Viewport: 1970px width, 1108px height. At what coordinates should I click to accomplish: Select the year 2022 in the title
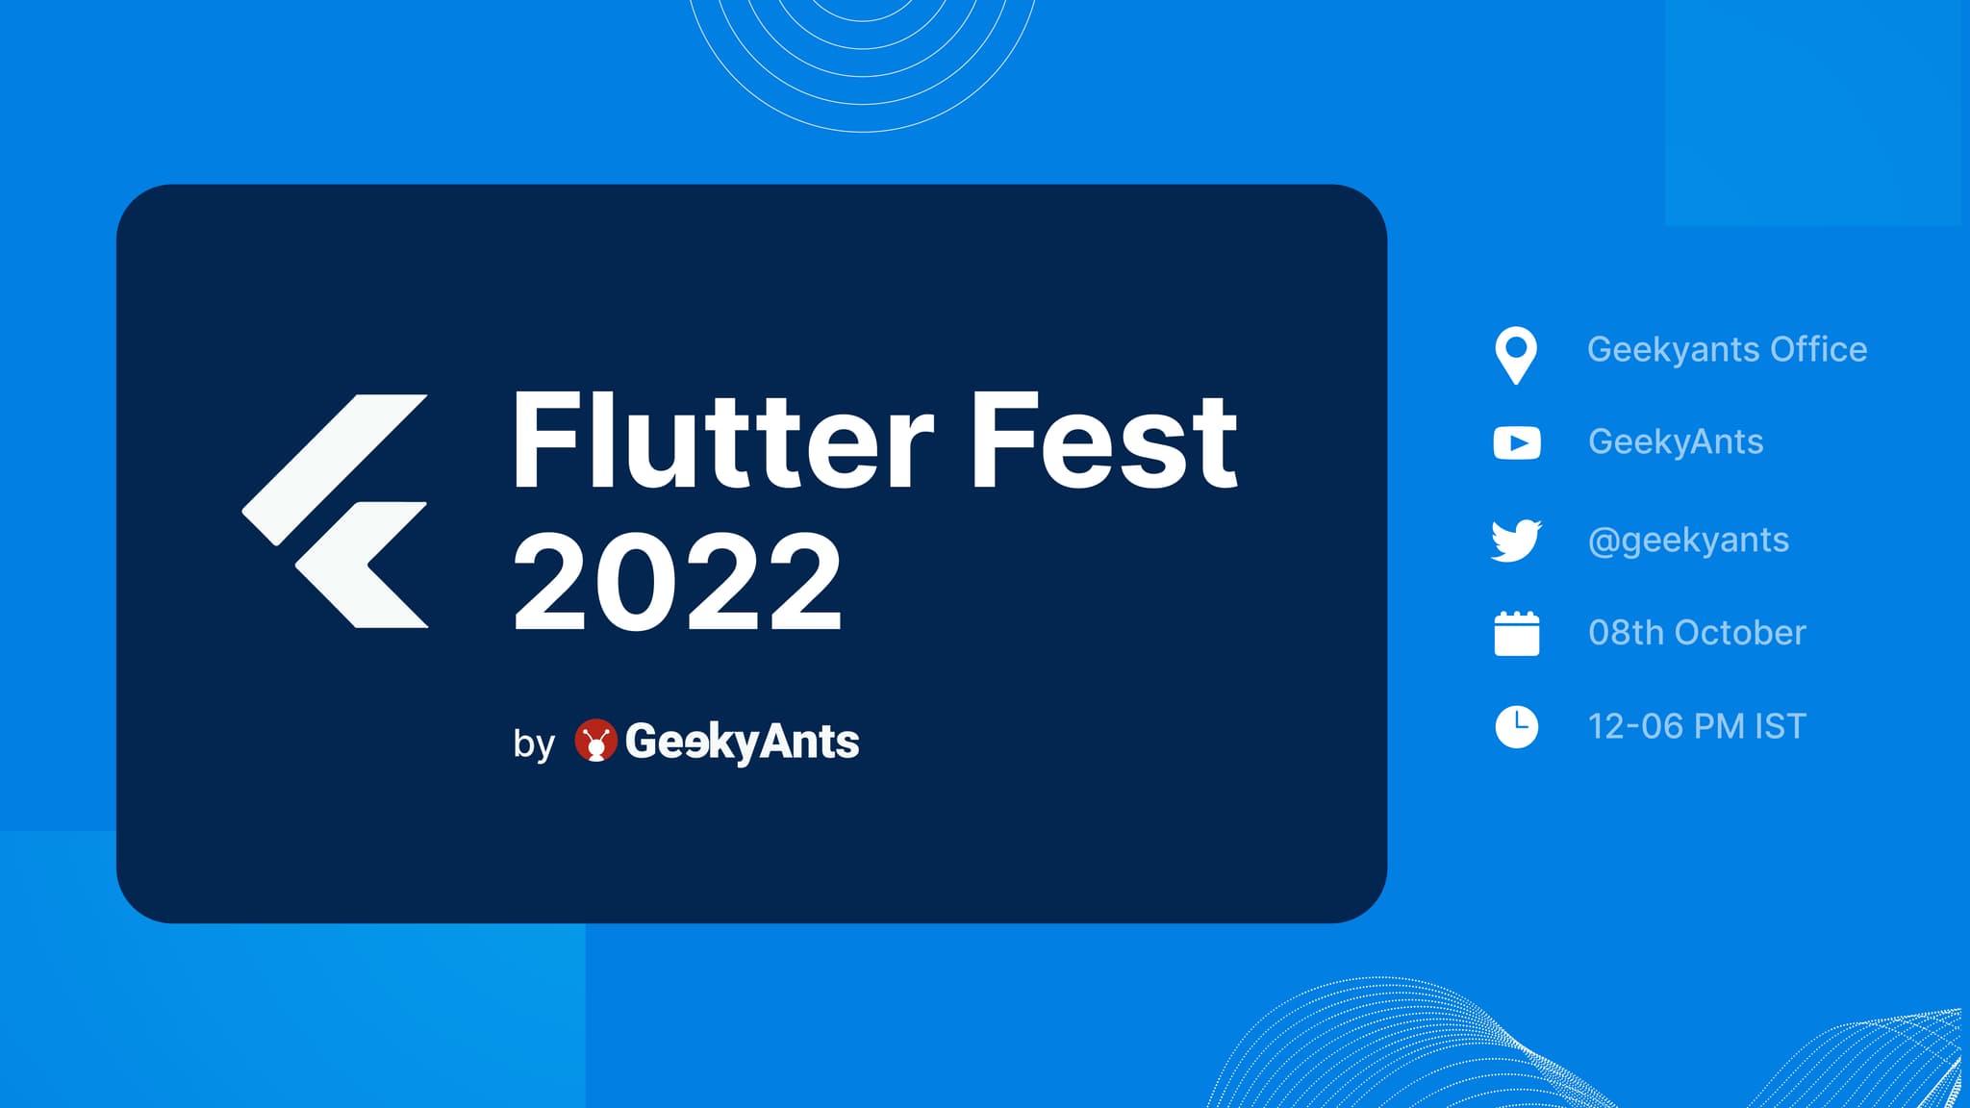(x=677, y=581)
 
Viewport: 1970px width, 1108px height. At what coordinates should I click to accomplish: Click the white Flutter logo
(x=335, y=511)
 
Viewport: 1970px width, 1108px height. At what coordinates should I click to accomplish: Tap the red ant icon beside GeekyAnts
(x=595, y=741)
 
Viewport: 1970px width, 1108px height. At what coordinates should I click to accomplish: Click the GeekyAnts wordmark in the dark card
(x=742, y=742)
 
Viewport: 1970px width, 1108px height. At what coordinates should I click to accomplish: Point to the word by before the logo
(x=534, y=743)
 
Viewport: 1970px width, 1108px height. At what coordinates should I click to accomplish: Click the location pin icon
(x=1516, y=356)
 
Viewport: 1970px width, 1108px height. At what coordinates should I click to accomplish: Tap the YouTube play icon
(x=1517, y=442)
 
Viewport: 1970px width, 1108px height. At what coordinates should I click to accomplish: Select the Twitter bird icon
(x=1516, y=541)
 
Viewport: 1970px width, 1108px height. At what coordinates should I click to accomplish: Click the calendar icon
(x=1517, y=634)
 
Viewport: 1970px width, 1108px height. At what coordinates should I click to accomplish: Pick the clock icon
(x=1517, y=726)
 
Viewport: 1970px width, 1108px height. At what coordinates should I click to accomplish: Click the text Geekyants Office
(x=1727, y=350)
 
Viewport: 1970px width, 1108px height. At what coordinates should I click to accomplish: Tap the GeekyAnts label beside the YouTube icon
(x=1676, y=442)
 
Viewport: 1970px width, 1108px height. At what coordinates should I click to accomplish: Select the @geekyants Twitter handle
(x=1688, y=541)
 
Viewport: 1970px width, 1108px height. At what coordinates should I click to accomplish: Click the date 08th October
(x=1697, y=633)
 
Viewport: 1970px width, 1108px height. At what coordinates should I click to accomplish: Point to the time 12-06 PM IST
(x=1697, y=726)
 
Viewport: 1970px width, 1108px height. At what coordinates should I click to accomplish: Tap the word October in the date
(x=1740, y=633)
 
